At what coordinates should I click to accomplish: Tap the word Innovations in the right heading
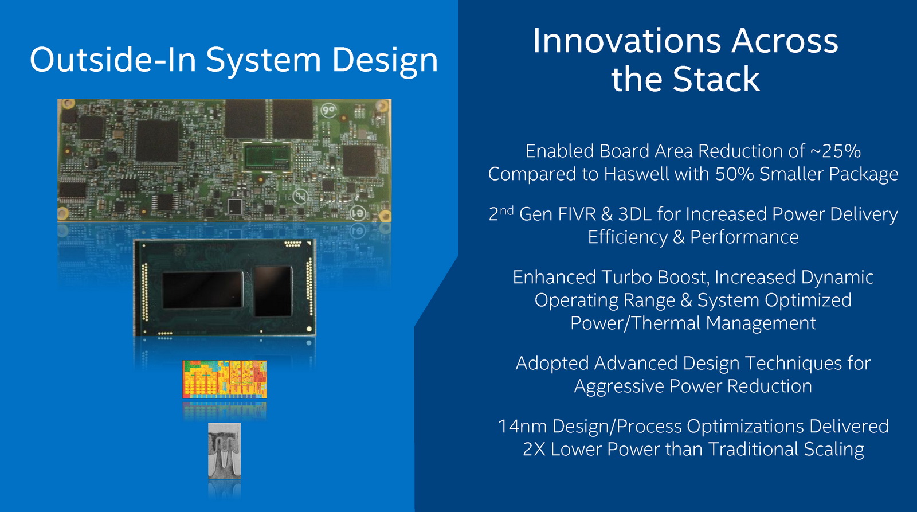[626, 41]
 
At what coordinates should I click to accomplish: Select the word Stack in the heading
[716, 79]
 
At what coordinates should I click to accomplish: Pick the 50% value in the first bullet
[734, 174]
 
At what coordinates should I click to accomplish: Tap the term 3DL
[634, 214]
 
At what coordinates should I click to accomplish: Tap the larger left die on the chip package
[203, 291]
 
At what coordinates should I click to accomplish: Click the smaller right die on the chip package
[273, 291]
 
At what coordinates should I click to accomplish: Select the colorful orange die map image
[224, 380]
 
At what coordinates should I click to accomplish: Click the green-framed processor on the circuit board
[268, 157]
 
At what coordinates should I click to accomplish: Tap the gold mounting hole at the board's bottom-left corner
[62, 213]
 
